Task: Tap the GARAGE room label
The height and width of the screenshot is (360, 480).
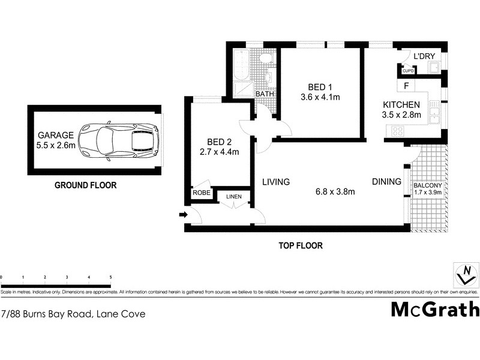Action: click(56, 135)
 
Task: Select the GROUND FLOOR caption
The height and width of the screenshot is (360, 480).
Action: click(86, 185)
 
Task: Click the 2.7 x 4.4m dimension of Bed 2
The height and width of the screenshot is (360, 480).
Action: click(219, 152)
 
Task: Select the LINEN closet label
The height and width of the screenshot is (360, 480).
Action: click(233, 197)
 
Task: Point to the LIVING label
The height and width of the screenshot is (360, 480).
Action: click(275, 182)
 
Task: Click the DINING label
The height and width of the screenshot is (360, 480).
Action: click(386, 182)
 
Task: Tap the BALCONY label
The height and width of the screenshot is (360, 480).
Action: click(428, 185)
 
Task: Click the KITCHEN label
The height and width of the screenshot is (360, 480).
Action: click(402, 104)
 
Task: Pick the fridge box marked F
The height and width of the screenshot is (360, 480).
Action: click(406, 86)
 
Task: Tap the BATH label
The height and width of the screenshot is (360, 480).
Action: click(265, 94)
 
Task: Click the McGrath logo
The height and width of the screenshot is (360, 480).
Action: click(436, 309)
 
